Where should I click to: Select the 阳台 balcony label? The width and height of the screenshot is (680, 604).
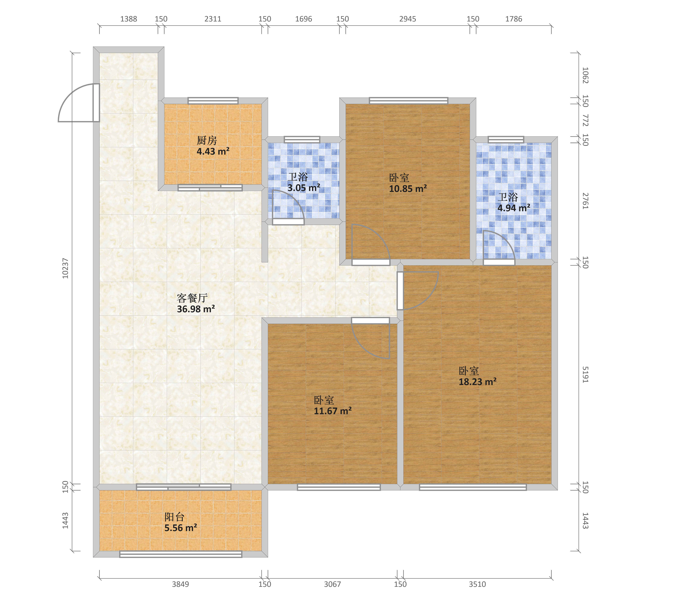pos(174,517)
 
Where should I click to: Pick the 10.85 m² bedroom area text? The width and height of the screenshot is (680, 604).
pos(408,189)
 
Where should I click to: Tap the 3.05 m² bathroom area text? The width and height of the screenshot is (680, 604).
pos(304,188)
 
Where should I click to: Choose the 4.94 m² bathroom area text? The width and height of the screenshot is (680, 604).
pos(514,208)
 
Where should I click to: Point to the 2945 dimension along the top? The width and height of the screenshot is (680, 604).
pos(408,19)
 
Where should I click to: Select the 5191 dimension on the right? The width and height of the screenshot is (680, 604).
pos(586,375)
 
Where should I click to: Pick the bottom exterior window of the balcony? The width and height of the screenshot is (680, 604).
pos(181,554)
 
